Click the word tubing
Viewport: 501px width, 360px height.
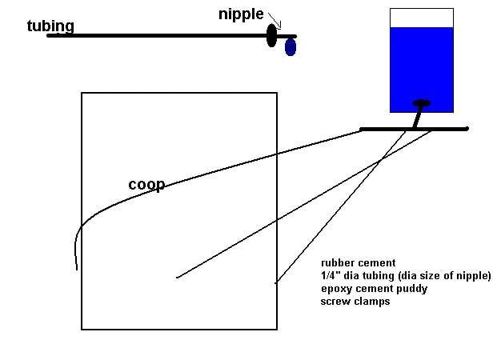click(x=50, y=26)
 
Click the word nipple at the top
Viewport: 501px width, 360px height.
click(x=241, y=14)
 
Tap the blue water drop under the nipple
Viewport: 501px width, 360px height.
click(x=291, y=47)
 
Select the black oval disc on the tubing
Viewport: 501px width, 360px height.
click(x=271, y=35)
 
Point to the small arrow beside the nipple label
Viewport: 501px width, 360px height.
click(x=275, y=21)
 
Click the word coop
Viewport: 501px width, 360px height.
click(x=146, y=185)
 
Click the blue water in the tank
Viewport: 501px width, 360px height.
click(x=422, y=70)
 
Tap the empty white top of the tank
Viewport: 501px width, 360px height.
click(x=422, y=18)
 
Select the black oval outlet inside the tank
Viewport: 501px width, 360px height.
click(x=422, y=103)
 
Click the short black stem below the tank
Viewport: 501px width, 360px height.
click(x=417, y=118)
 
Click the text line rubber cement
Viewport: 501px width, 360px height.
click(x=359, y=263)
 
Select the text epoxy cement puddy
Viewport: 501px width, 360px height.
click(x=375, y=289)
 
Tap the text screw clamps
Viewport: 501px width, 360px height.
click(x=355, y=302)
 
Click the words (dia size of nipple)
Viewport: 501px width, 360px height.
click(x=445, y=276)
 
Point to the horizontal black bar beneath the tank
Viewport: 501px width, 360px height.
click(x=414, y=129)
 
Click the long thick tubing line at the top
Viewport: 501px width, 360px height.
click(x=172, y=36)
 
